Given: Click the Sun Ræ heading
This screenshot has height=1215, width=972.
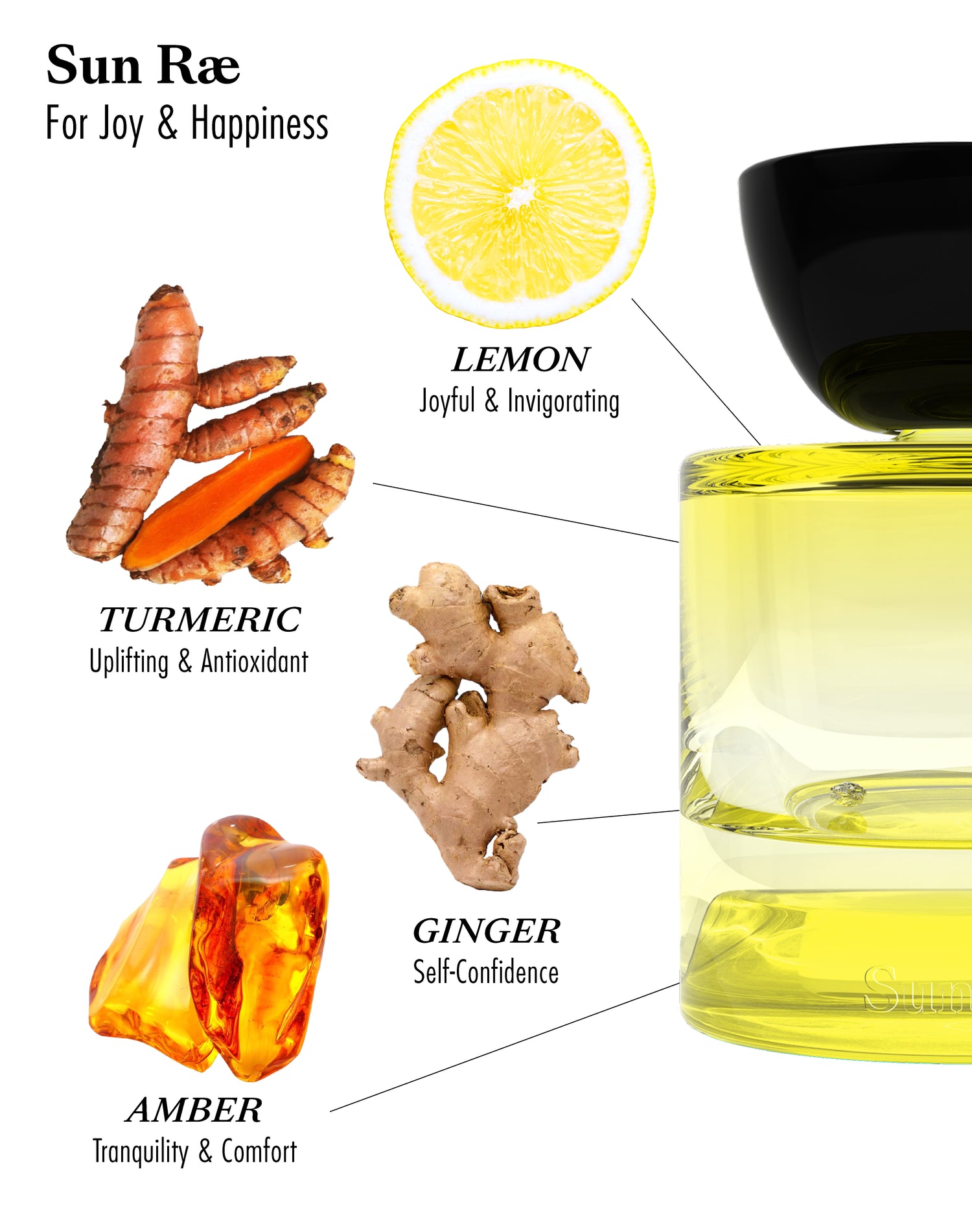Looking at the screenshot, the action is tap(143, 65).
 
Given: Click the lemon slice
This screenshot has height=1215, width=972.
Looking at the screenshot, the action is tap(520, 193).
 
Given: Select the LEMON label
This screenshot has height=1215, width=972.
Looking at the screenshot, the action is tap(520, 360).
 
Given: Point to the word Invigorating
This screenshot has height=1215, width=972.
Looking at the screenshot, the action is tap(563, 401).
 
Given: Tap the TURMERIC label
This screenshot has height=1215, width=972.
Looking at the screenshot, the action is tap(200, 619).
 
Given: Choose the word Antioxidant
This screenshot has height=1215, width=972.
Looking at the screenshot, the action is tap(255, 662).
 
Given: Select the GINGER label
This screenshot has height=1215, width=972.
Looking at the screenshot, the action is tap(487, 931).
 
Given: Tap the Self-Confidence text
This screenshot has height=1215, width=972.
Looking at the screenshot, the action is tap(486, 972).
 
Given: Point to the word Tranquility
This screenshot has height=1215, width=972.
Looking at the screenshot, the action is tap(141, 1152).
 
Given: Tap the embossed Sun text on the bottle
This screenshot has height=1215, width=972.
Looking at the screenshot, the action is tap(918, 989).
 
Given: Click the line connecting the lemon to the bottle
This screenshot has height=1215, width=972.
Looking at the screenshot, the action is tap(696, 371).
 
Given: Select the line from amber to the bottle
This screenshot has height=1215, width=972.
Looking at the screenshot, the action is tap(505, 1047).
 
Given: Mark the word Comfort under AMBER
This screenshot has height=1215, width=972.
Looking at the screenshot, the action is tap(259, 1151).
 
